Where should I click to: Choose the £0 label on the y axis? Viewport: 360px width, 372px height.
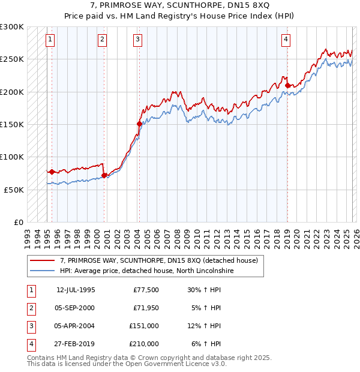(18, 222)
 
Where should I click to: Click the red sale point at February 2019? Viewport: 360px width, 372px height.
(287, 86)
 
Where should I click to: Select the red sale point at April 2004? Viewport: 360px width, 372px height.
(139, 124)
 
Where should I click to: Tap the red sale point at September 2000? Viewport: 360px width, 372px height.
(104, 175)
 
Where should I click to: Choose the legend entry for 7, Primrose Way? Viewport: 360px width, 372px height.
(158, 260)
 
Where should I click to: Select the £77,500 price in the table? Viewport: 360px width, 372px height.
(146, 290)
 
